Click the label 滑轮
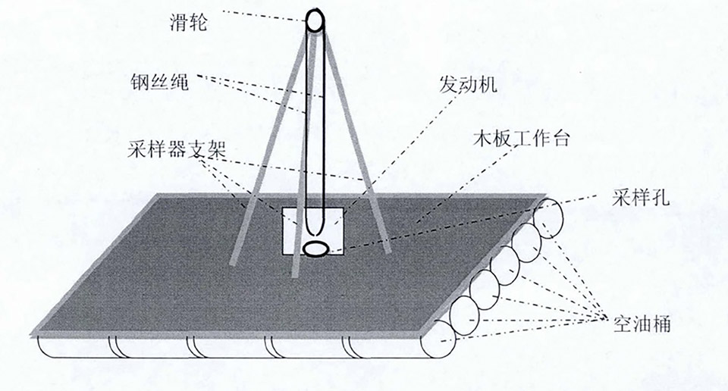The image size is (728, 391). pyautogui.click(x=188, y=23)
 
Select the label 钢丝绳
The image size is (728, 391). pyautogui.click(x=159, y=82)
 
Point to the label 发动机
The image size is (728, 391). pyautogui.click(x=468, y=84)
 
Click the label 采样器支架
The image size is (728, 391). pyautogui.click(x=177, y=151)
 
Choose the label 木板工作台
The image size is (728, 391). pyautogui.click(x=520, y=138)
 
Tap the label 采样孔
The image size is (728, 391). pyautogui.click(x=641, y=198)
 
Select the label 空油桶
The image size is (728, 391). pyautogui.click(x=642, y=324)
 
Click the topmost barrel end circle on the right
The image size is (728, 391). pyautogui.click(x=548, y=220)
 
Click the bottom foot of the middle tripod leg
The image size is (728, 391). pyautogui.click(x=294, y=274)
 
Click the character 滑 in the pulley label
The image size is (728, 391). pyautogui.click(x=179, y=23)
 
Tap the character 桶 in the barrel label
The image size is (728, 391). pyautogui.click(x=661, y=324)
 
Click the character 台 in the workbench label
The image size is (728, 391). pyautogui.click(x=559, y=138)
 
